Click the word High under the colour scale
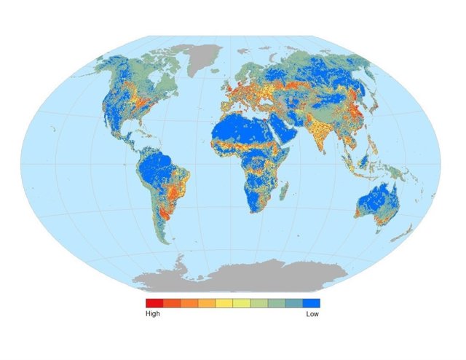153,314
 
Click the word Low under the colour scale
312,314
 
